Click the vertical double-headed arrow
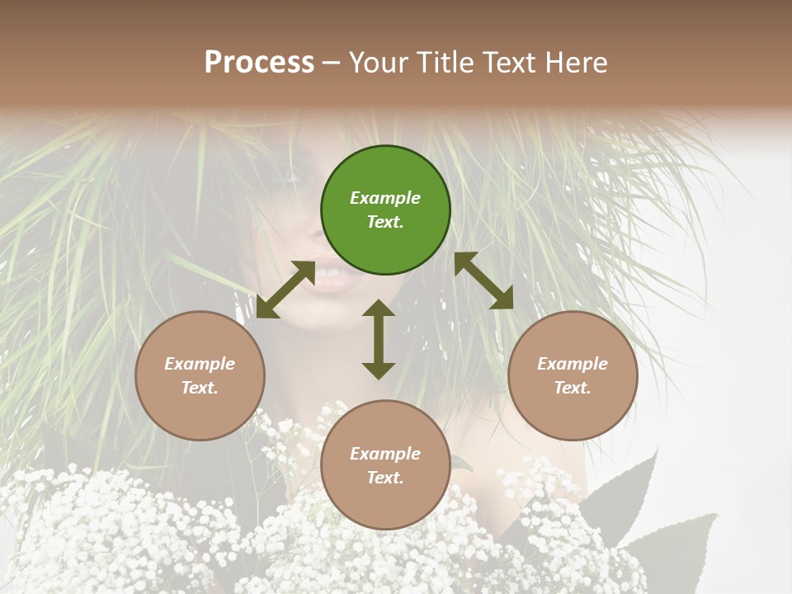(379, 339)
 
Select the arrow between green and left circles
(285, 289)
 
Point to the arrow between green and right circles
(483, 280)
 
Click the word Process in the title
(259, 63)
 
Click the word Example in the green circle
(385, 198)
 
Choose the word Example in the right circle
(573, 364)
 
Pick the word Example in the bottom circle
(385, 454)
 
